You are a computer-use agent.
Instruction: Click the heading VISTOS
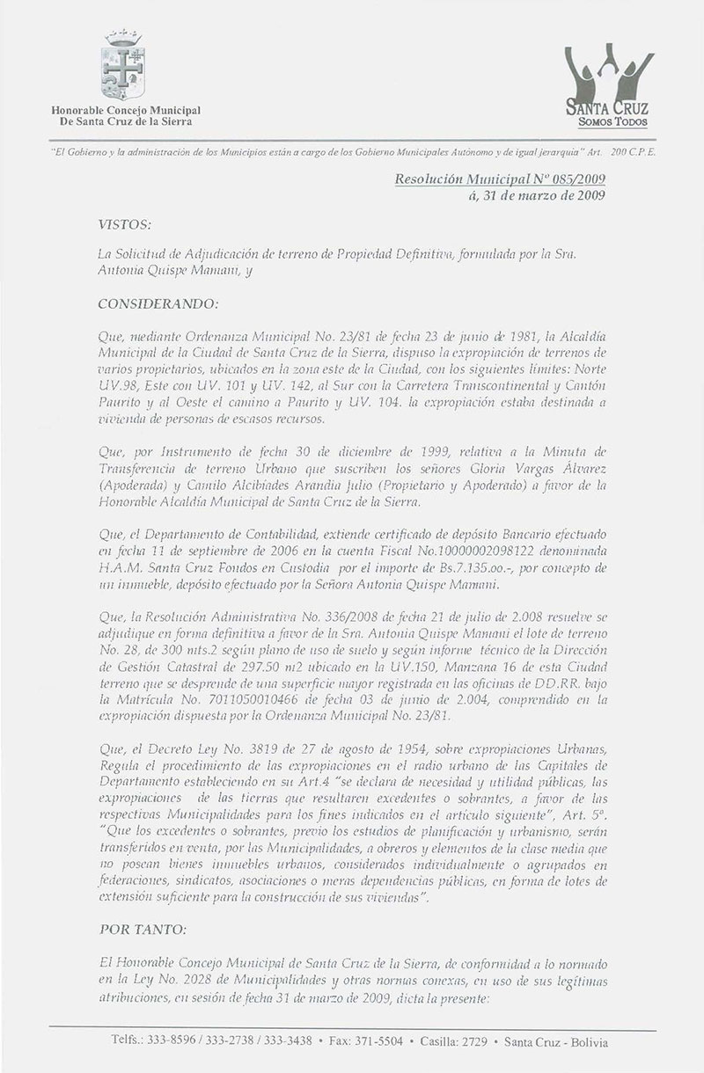[x=125, y=226]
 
